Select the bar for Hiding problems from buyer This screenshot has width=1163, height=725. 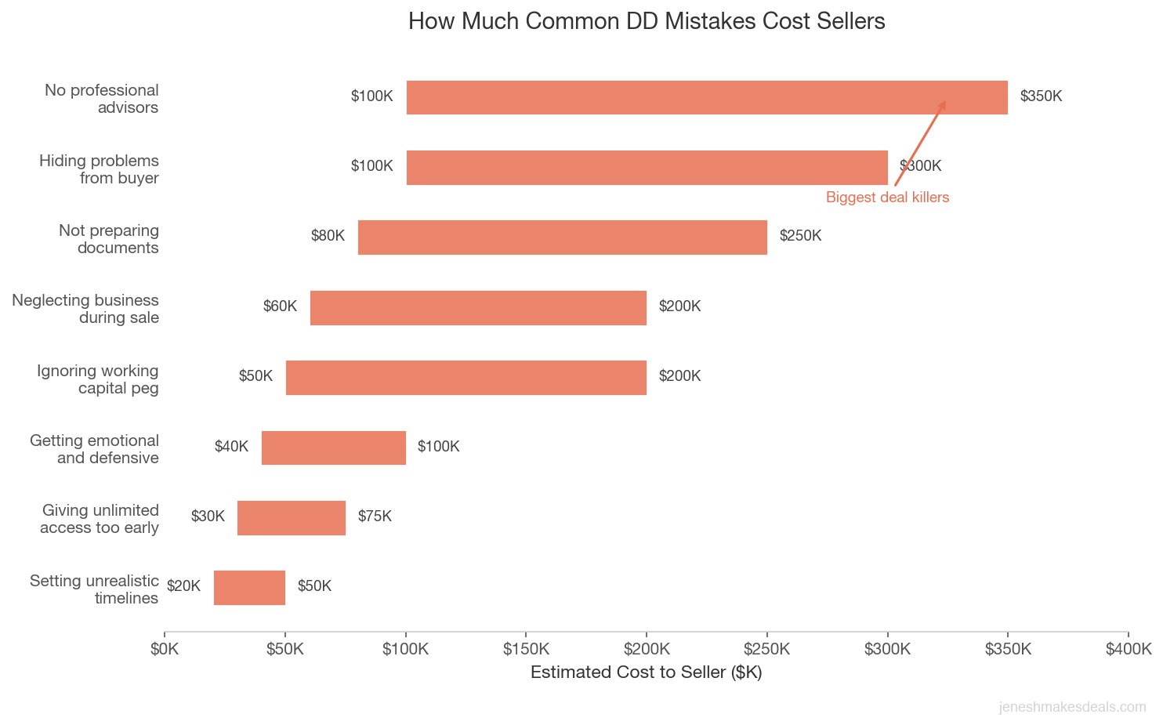point(647,167)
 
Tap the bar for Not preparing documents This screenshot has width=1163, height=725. point(562,237)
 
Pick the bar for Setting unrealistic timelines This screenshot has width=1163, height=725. point(249,587)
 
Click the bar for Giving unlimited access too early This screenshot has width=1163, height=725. point(291,517)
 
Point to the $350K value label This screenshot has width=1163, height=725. point(1041,96)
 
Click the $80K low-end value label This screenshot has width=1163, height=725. point(328,236)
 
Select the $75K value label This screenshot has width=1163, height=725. point(375,517)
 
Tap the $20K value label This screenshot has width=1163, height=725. point(183,586)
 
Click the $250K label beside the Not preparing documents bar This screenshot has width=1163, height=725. point(800,236)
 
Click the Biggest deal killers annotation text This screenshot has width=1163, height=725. point(887,198)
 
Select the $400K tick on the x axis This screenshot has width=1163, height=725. point(1128,649)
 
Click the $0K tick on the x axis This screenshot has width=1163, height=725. point(165,649)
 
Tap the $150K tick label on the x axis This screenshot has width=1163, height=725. point(526,649)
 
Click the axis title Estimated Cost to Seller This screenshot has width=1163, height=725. point(646,672)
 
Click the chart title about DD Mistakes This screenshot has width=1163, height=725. point(647,21)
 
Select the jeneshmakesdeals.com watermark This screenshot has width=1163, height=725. point(1072,707)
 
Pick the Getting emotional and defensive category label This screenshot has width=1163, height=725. point(94,449)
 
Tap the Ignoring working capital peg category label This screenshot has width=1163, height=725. point(97,379)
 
